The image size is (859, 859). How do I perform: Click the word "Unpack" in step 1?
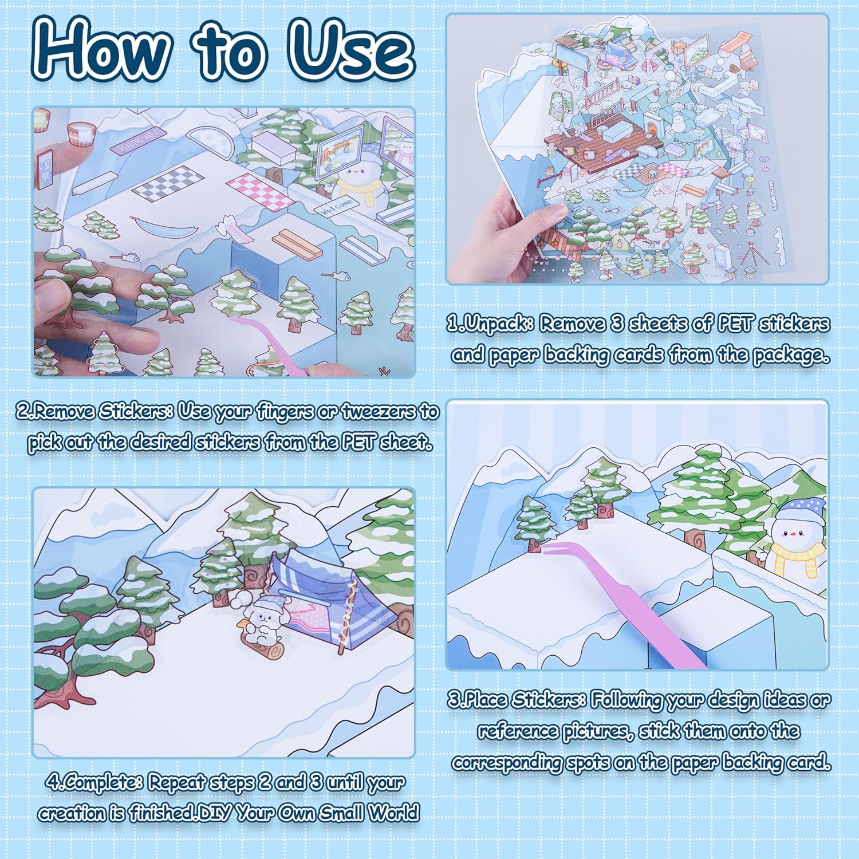[497, 324]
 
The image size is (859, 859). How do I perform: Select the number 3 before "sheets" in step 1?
[617, 324]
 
